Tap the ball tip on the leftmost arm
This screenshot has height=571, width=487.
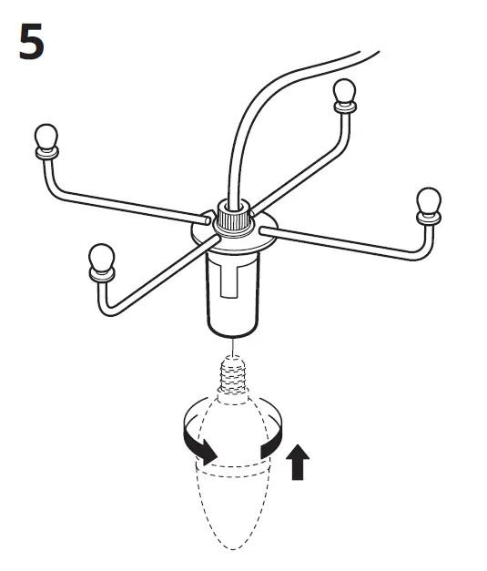pyautogui.click(x=46, y=138)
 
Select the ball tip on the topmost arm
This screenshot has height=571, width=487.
pyautogui.click(x=343, y=91)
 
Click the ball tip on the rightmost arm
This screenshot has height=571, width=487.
pyautogui.click(x=428, y=200)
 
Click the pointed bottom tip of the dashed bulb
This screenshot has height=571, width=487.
pyautogui.click(x=234, y=546)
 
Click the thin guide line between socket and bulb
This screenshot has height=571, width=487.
pyautogui.click(x=234, y=346)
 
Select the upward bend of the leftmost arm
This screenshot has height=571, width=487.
pyautogui.click(x=52, y=182)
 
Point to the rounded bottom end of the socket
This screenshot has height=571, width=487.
pyautogui.click(x=234, y=330)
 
